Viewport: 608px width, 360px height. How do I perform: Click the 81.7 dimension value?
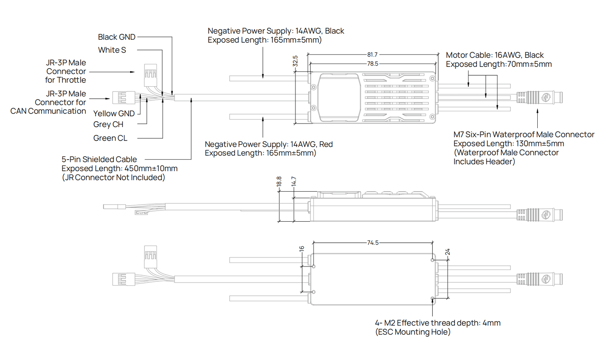372,55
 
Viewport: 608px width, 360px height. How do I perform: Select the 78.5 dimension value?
372,64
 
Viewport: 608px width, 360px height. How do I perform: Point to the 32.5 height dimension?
295,61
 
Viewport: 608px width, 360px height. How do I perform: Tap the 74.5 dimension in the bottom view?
372,243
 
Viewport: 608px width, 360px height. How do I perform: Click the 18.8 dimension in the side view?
279,182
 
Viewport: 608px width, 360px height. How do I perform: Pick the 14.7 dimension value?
294,182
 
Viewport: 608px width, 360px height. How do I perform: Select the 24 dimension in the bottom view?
447,252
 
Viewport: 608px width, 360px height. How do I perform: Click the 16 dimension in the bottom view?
301,249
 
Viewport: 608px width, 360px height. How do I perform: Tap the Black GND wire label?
116,37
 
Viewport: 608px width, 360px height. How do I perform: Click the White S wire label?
112,50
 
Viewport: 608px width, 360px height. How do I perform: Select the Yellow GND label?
114,113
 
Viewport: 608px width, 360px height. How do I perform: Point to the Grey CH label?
108,124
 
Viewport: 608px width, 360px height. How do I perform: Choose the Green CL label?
110,138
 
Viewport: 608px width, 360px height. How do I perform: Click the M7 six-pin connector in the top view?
540,98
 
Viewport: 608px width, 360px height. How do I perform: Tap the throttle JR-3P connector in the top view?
150,74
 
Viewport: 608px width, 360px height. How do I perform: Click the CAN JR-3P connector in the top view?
124,98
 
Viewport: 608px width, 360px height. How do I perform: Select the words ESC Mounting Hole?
413,332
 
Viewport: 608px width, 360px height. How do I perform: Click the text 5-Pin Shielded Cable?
99,160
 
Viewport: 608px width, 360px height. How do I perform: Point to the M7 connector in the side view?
540,215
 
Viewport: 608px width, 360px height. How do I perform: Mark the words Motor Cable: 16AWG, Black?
495,55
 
